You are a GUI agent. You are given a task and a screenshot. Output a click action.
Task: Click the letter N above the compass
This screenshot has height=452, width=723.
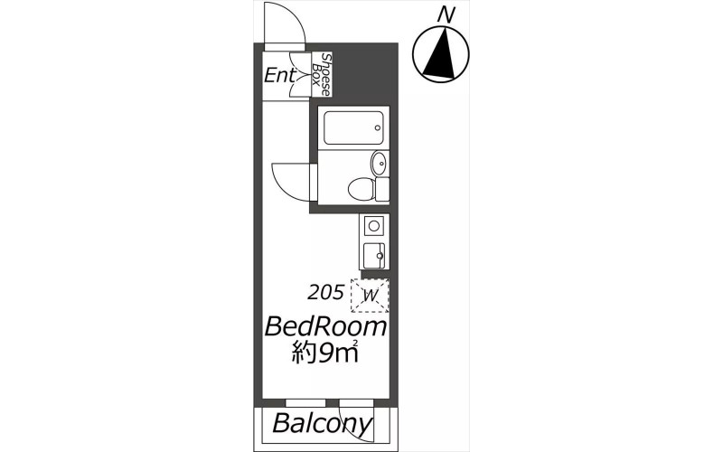pos(445,15)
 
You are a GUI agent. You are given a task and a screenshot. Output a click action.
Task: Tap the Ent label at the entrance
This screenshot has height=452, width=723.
pos(279,75)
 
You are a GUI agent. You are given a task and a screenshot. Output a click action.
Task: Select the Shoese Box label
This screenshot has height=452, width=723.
pos(322,75)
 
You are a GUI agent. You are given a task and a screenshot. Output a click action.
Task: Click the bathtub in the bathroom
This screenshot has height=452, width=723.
pos(353,127)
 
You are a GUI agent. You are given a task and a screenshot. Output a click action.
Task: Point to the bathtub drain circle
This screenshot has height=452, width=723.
pos(378,127)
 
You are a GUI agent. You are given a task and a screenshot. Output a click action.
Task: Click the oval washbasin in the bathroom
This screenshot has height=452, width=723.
pos(379,164)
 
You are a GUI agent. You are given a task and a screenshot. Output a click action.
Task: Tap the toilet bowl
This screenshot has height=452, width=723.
pos(361,190)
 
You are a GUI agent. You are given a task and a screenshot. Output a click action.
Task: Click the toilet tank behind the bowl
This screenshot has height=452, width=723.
pos(382,189)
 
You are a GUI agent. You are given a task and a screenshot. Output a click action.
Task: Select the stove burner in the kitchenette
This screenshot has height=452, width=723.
pos(373,227)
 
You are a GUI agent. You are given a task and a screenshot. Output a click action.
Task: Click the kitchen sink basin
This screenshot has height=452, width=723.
pos(373,256)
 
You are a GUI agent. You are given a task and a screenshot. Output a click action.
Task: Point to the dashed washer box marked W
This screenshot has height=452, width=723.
pos(370,296)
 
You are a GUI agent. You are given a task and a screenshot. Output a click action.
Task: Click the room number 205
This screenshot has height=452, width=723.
pos(326,292)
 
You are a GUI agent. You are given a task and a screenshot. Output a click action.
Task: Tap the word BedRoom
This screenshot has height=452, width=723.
pos(325,326)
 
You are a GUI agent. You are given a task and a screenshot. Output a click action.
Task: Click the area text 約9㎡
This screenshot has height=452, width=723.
pos(325,353)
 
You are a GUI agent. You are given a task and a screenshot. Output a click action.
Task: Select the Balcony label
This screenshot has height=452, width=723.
pos(323,423)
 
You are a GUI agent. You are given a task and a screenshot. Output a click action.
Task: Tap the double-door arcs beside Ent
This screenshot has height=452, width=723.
pos(300,75)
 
